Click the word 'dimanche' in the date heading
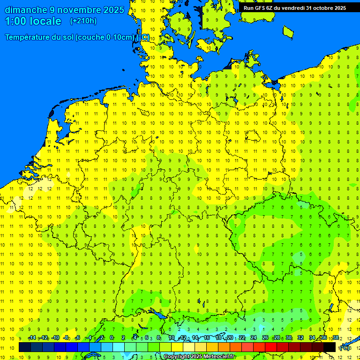click(25, 10)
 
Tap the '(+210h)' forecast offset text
click(83, 21)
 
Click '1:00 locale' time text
click(33, 21)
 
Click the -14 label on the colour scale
click(32, 338)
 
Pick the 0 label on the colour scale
click(112, 338)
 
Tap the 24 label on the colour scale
click(254, 338)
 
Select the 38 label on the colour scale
click(335, 338)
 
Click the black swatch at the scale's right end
click(330, 347)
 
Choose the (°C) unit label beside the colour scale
click(345, 347)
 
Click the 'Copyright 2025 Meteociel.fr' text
click(199, 357)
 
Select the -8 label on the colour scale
click(66, 338)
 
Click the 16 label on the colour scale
click(206, 338)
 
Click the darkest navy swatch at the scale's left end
click(25, 347)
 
